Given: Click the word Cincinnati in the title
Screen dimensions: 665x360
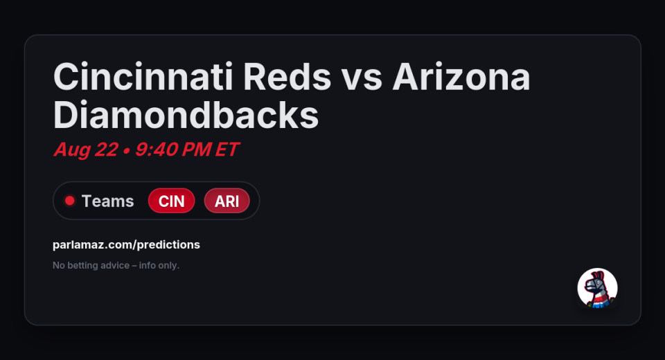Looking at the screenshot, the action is coord(143,77).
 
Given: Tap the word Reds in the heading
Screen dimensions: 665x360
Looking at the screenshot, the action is coord(287,77).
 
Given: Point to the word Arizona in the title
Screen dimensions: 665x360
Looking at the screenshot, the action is coord(461,77).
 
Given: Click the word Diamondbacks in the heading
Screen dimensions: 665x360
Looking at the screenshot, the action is coord(186,115).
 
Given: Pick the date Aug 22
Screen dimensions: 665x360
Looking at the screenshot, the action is coord(86,150).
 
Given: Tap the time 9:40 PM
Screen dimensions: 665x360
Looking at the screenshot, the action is coord(173,150).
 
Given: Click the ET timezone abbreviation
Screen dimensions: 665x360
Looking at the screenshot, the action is coord(227,150).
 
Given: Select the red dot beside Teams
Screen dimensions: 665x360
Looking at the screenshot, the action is coord(69,201).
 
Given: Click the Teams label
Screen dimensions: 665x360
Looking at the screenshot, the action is coord(108,201).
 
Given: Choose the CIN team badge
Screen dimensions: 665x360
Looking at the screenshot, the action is coord(171,201).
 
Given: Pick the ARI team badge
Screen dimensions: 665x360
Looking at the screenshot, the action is coord(227,201).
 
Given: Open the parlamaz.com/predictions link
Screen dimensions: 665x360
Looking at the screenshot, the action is coord(126,244).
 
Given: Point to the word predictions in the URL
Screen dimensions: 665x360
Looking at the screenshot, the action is coord(168,244).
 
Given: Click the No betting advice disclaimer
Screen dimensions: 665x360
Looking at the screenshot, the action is coord(116,265).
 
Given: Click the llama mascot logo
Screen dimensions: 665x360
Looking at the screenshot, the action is coord(597,288).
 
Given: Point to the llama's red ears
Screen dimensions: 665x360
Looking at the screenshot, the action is coord(598,276).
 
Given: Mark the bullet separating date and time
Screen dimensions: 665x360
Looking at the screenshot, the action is coord(126,151).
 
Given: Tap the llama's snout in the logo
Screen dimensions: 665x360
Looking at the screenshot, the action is coord(589,287).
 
